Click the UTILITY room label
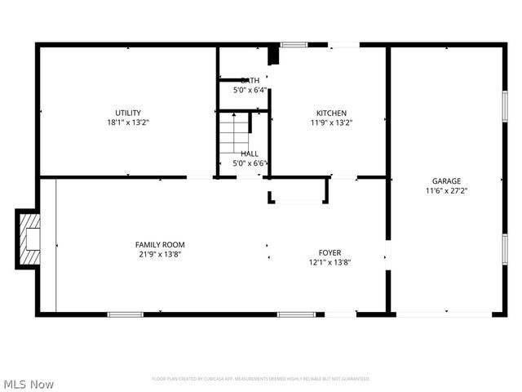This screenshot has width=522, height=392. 128,113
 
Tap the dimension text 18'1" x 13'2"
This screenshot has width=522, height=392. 128,122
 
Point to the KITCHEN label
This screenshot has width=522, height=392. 332,113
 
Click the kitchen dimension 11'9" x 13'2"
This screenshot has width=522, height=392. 332,122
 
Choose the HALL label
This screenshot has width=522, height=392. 250,154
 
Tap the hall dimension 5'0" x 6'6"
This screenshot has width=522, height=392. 250,163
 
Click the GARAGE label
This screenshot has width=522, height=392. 446,181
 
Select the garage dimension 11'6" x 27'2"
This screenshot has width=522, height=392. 446,191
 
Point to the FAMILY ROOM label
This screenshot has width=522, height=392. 160,244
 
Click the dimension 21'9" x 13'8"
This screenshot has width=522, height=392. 160,254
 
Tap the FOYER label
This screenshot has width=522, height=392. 330,253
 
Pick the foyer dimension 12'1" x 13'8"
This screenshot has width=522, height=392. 330,263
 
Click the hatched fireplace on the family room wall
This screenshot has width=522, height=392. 28,238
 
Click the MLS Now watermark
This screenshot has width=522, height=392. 29,383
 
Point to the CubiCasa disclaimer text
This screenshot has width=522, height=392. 261,379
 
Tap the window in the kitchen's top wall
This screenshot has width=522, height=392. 293,44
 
